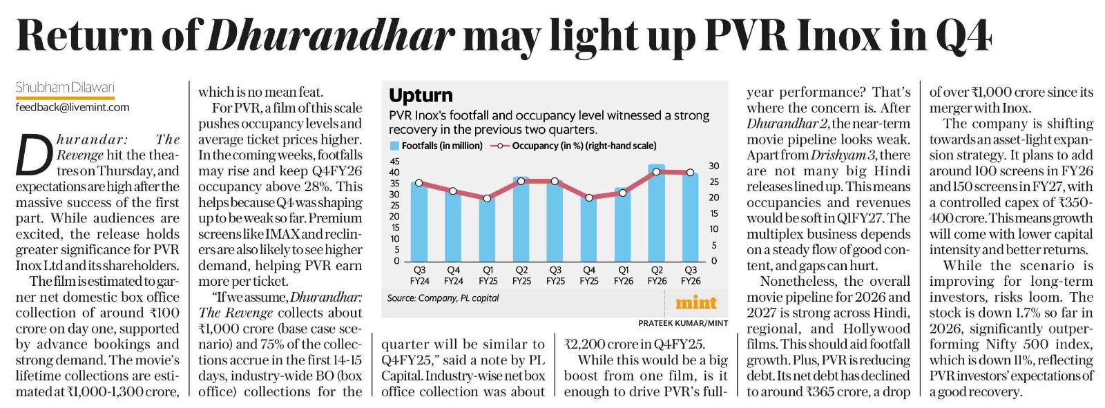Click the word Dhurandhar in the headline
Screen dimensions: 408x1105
point(330,35)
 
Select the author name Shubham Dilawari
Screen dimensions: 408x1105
point(65,88)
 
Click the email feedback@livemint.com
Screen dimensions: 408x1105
point(73,107)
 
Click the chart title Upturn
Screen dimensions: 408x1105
point(421,95)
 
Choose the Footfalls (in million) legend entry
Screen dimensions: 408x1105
point(436,146)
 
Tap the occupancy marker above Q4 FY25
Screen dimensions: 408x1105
point(588,197)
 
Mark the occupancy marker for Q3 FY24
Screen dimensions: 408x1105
point(419,183)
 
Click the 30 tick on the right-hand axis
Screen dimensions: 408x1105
point(713,166)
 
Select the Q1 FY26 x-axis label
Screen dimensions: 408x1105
point(623,275)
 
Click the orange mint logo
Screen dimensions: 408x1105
point(695,302)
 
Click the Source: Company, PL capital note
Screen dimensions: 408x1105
point(443,298)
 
